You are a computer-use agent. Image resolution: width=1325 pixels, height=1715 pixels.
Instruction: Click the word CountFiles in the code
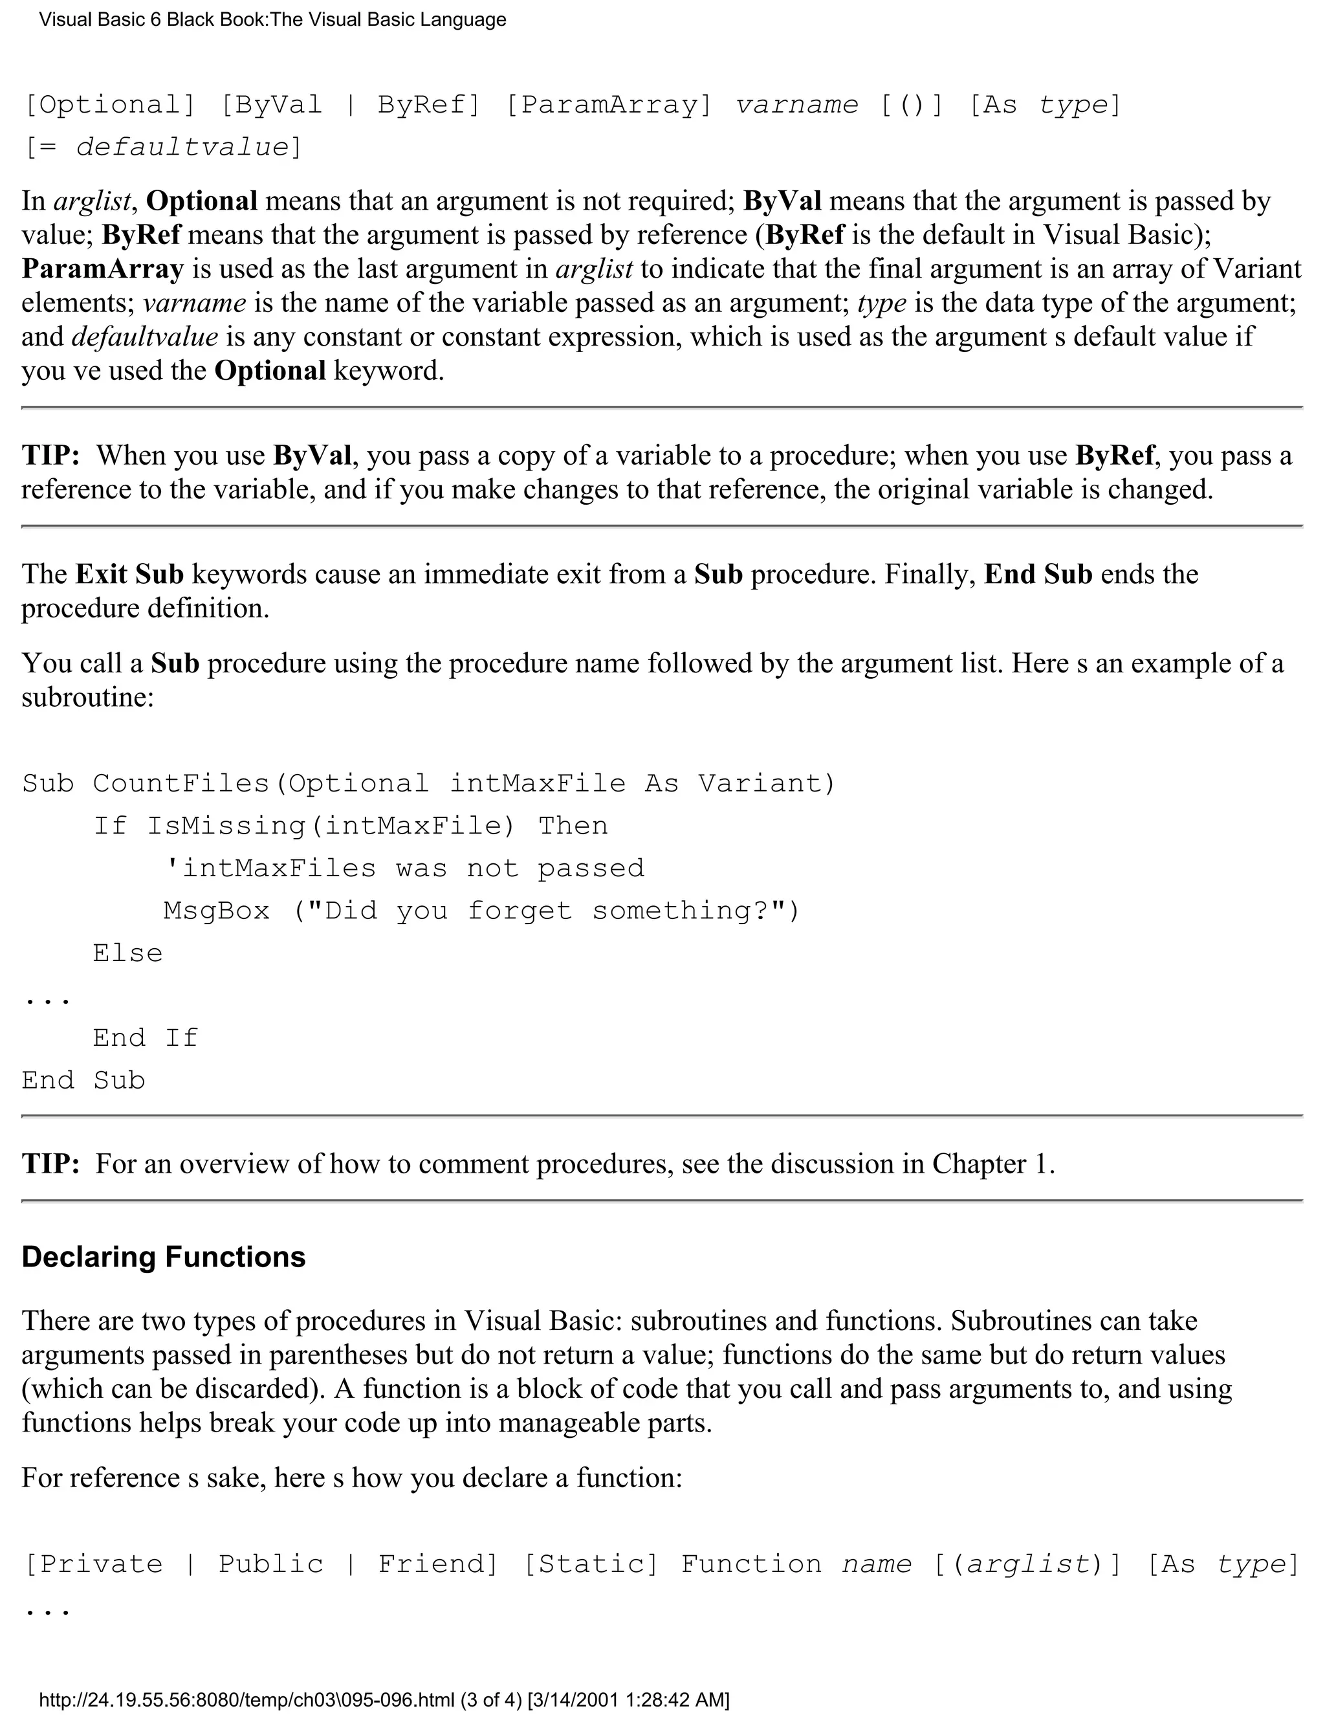tap(181, 784)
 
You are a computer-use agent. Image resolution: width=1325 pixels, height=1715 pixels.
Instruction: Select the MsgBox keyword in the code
tap(217, 911)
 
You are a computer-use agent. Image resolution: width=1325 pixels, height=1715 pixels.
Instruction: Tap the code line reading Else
tap(127, 953)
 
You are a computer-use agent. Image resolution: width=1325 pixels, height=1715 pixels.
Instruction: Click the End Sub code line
tap(83, 1081)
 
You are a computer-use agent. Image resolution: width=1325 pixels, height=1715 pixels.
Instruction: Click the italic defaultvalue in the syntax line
tap(183, 148)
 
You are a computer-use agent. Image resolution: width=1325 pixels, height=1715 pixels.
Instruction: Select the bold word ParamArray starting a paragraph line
tap(102, 269)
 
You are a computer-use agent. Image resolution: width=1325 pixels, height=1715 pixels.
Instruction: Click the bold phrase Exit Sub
tap(129, 574)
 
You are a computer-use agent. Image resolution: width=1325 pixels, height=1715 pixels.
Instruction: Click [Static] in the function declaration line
tap(590, 1564)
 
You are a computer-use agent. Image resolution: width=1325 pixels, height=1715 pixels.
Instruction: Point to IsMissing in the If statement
tap(226, 826)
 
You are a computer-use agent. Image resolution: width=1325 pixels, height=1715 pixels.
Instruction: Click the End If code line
tap(145, 1038)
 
